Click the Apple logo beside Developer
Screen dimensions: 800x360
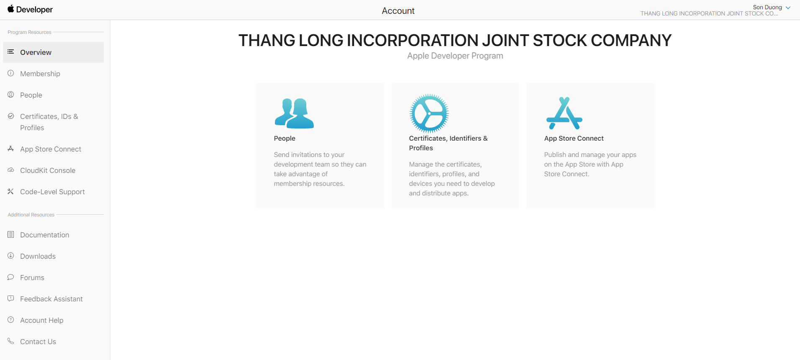pos(11,9)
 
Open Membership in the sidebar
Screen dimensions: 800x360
pos(40,74)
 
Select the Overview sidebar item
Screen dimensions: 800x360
pos(36,52)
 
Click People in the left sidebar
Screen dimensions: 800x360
pos(31,95)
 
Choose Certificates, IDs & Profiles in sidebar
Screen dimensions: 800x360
pos(49,122)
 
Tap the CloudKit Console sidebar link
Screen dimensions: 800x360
pos(48,170)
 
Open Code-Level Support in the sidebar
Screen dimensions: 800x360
pos(52,192)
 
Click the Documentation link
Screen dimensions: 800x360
pos(45,235)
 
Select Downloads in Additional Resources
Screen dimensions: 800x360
pos(38,256)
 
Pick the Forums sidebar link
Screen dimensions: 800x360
pos(32,278)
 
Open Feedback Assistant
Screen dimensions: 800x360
pos(51,299)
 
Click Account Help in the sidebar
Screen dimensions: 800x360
pos(42,320)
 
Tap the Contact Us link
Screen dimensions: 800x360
pos(38,342)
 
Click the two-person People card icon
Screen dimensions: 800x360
pos(294,113)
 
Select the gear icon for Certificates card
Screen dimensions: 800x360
pos(429,113)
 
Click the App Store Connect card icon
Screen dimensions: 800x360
pos(564,113)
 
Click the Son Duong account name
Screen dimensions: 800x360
pos(767,7)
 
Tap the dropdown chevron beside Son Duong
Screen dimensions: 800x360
pos(788,8)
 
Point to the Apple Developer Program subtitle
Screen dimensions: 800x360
pos(455,56)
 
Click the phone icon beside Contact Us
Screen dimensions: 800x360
pos(11,341)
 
